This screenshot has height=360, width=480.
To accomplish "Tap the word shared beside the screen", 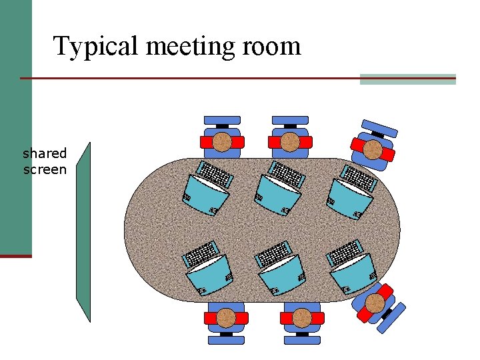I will click(45, 154).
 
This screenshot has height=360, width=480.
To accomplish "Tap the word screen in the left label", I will click(45, 169).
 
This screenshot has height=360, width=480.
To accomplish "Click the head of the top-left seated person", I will click(222, 141).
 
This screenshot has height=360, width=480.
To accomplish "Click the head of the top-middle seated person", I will click(289, 141).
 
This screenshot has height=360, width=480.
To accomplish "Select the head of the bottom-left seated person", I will click(227, 318).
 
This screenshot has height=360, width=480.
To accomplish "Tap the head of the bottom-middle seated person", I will click(302, 318).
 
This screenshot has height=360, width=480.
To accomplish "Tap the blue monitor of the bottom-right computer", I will click(353, 273).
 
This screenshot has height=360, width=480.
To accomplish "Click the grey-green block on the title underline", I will click(407, 79).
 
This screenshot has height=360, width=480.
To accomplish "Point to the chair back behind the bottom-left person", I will click(227, 339).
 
